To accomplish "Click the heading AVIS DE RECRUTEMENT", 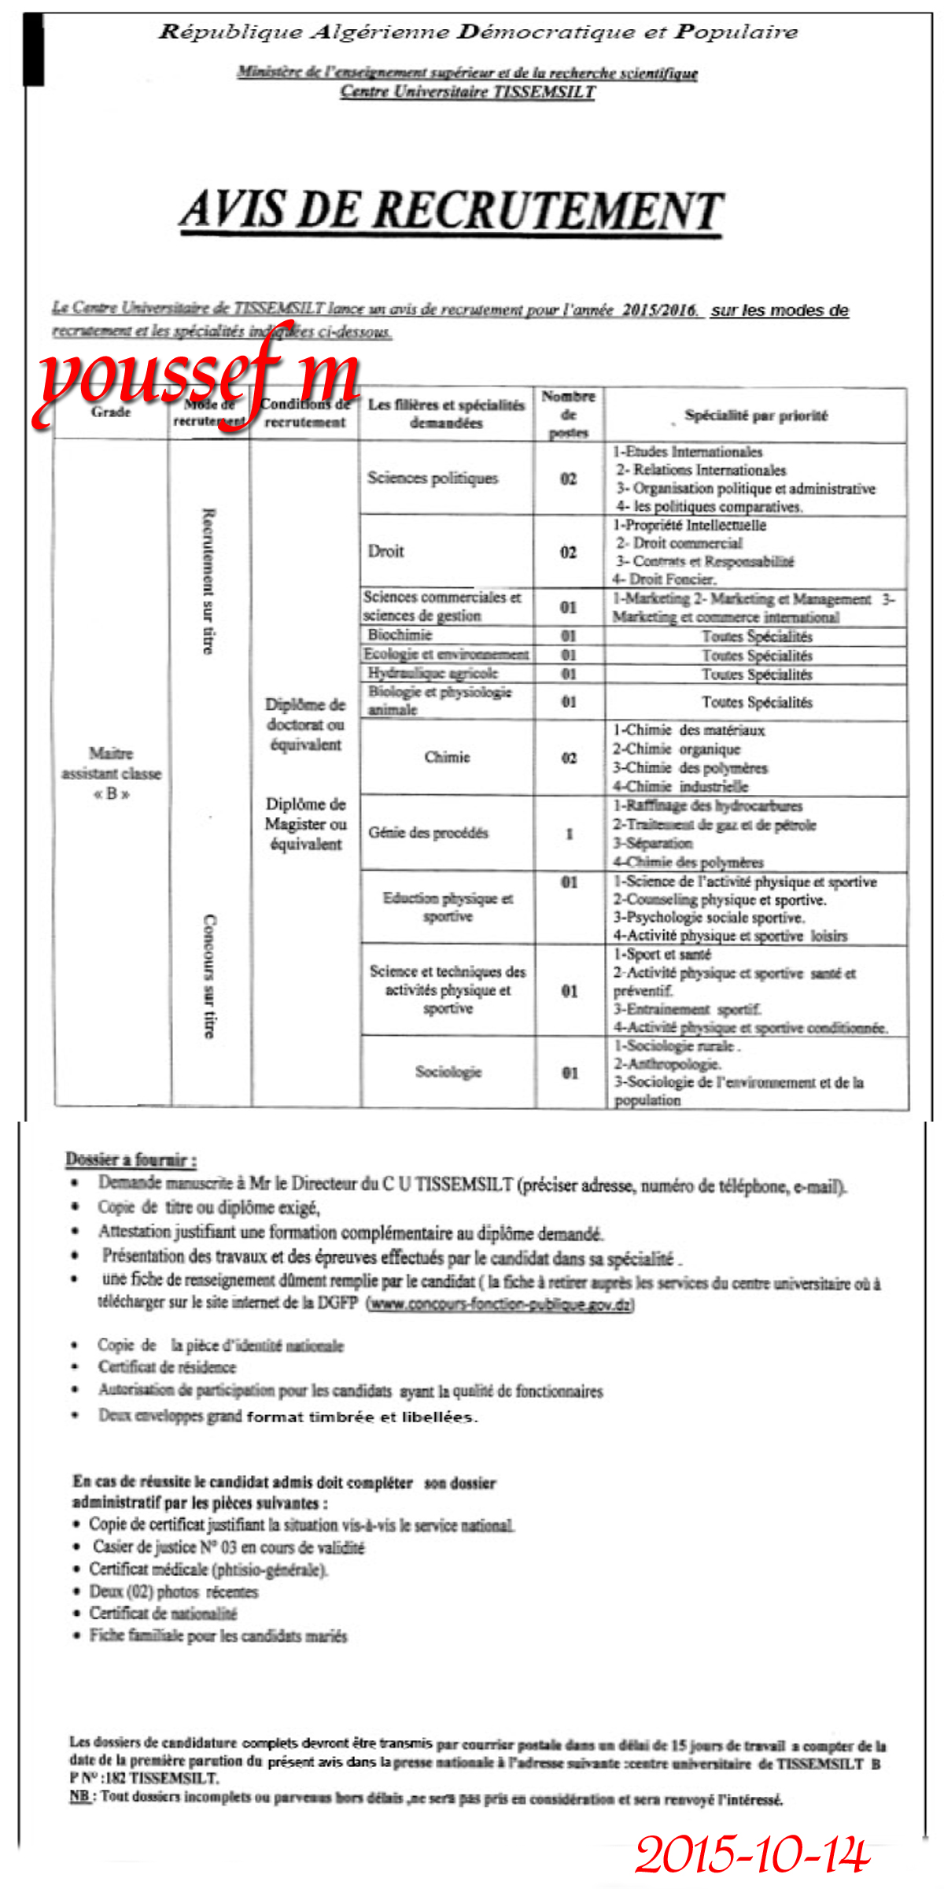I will click(x=452, y=210).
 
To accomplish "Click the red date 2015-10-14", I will click(x=752, y=1854).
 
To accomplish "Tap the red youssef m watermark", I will click(x=197, y=378).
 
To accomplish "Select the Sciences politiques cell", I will click(x=433, y=478).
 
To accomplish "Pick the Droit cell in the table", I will click(x=386, y=551).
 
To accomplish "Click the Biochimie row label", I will click(x=400, y=634).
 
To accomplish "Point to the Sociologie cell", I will click(x=448, y=1071).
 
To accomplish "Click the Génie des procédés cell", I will click(x=429, y=833).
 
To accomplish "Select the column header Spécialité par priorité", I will click(x=755, y=416).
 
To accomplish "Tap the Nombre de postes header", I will click(x=569, y=414).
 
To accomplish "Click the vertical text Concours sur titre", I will click(x=209, y=976).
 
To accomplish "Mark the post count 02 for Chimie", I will click(x=569, y=758).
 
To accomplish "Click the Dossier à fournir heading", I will click(x=131, y=1159).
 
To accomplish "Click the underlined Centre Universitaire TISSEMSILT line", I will click(x=467, y=92).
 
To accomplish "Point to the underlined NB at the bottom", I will click(x=79, y=1796).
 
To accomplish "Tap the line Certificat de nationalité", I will click(x=163, y=1613).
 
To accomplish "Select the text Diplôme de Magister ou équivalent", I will click(x=306, y=824).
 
